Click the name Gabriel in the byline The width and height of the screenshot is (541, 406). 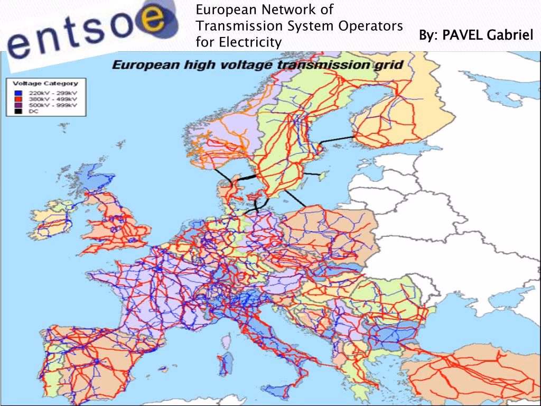511,35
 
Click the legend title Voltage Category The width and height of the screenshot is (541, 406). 45,83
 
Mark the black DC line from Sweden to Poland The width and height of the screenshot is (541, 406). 295,199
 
